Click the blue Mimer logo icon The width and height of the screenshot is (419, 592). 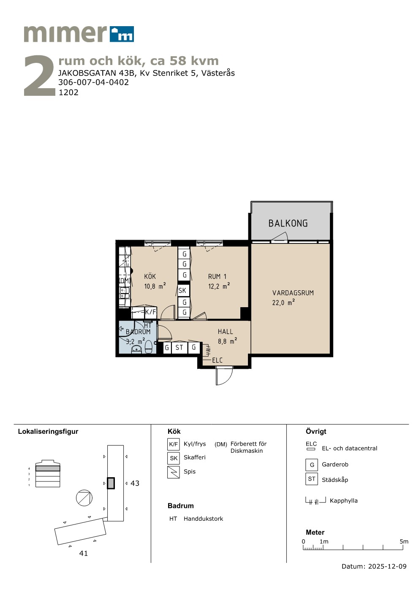click(122, 34)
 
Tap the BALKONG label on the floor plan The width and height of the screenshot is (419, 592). click(288, 223)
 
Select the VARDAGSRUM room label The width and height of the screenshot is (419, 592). click(293, 293)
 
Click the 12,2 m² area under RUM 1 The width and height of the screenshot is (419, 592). click(219, 286)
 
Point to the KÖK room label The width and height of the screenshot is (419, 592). click(150, 276)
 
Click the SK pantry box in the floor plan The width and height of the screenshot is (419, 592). click(182, 291)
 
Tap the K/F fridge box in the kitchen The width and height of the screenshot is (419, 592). click(150, 312)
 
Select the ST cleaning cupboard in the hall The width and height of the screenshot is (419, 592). click(179, 348)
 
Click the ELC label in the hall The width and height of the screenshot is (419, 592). click(217, 360)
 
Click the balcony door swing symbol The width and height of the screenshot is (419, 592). click(279, 237)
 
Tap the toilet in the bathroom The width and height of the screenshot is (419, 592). click(149, 347)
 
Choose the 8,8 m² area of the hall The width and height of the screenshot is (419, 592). click(227, 341)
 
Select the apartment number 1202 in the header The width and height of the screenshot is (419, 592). click(68, 92)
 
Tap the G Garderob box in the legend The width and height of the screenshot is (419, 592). click(312, 465)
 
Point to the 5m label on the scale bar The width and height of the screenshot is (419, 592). click(404, 541)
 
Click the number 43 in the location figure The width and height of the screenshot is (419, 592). click(135, 484)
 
